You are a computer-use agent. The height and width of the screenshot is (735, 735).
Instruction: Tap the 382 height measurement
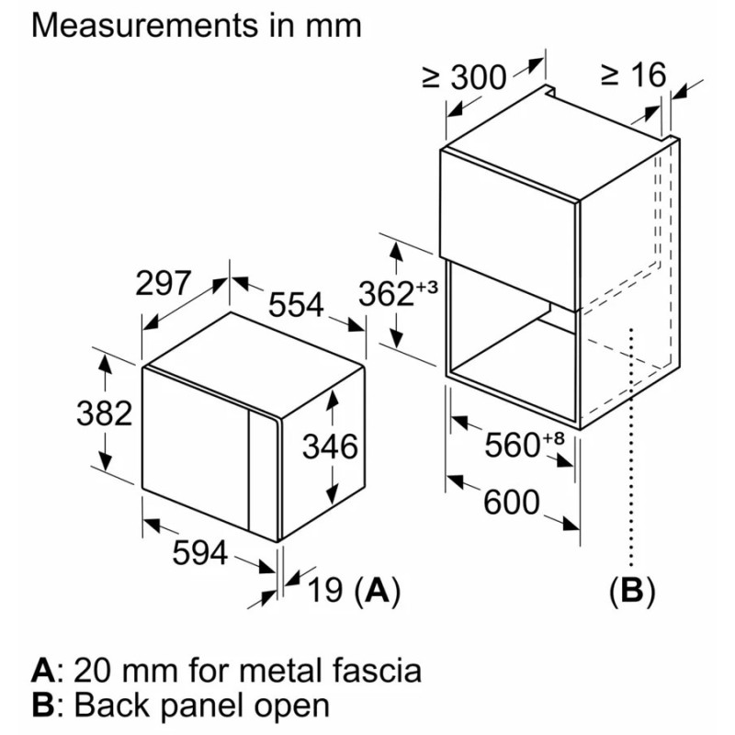point(102,413)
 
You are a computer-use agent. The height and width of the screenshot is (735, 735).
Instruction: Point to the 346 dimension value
point(331,447)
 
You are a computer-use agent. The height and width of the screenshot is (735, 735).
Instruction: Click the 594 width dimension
point(200,553)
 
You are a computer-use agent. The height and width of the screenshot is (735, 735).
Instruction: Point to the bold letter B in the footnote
point(42,706)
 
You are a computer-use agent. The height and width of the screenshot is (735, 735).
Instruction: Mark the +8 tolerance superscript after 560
point(552,436)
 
